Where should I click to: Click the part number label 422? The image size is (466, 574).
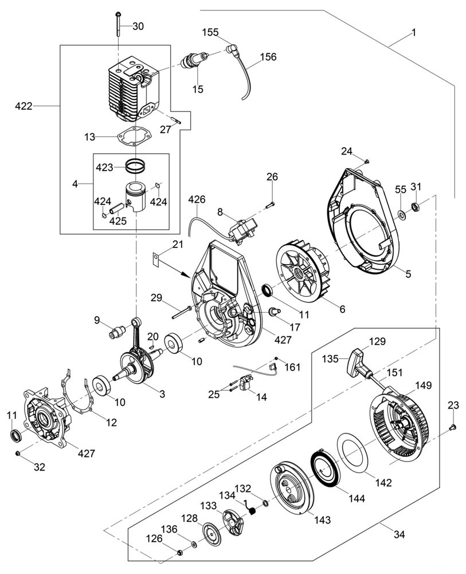click(24, 106)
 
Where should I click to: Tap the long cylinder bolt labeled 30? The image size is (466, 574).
click(119, 24)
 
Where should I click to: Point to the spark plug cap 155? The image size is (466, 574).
click(232, 49)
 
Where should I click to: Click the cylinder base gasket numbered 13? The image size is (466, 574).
click(135, 137)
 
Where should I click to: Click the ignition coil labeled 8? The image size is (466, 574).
click(241, 230)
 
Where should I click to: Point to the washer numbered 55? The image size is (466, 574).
click(401, 214)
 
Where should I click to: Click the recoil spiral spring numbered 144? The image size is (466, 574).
click(326, 468)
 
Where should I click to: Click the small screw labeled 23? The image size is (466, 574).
click(452, 426)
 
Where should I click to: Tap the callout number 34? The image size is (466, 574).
click(399, 534)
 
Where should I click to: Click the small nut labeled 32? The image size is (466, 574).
click(18, 454)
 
